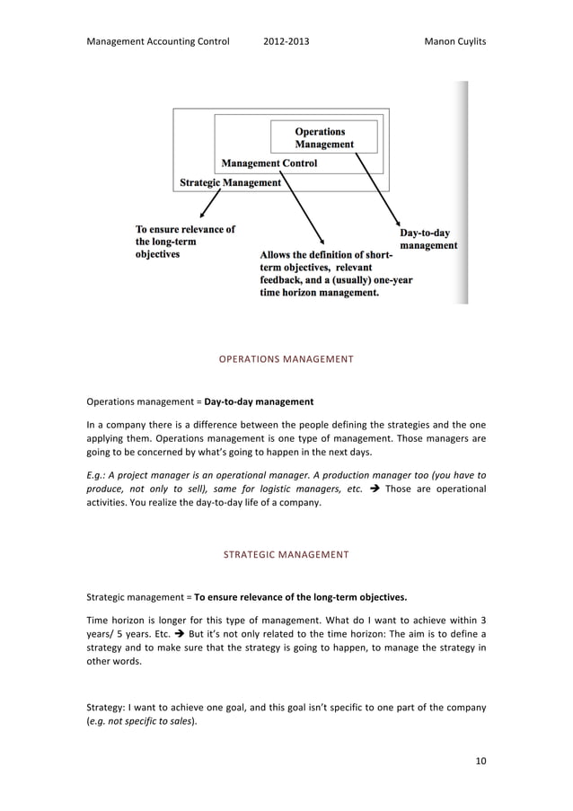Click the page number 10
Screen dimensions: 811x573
coord(480,762)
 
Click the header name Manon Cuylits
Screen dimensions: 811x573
coord(454,42)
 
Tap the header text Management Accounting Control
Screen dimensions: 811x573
coord(157,42)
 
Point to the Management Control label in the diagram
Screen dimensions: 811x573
coord(269,163)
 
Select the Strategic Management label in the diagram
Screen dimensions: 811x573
coord(230,181)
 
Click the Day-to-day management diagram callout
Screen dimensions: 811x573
coord(428,238)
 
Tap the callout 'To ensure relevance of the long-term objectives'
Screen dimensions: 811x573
coord(184,242)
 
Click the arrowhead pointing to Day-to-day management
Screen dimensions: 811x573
coord(396,219)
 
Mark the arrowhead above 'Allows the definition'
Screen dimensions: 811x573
coord(321,240)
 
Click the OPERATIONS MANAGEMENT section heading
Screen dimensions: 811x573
coord(286,359)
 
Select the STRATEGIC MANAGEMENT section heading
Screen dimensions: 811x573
coord(286,555)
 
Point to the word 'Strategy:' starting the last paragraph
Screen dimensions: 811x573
coord(106,707)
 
